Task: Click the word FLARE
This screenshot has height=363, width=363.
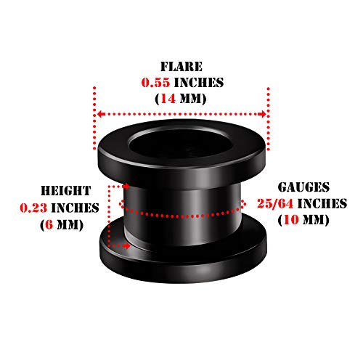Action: point(181,67)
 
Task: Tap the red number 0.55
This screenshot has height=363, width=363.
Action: point(155,83)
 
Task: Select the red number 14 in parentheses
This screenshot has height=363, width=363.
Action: point(168,99)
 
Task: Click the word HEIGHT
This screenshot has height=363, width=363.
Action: point(66,191)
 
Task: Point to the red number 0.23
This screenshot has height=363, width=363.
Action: point(33,208)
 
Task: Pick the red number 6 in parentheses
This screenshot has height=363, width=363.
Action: point(49,225)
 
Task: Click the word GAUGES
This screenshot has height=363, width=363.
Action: point(303,187)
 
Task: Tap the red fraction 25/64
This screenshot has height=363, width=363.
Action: point(275,203)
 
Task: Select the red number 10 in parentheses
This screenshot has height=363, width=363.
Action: point(292,220)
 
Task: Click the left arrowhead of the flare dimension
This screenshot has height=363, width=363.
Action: point(100,114)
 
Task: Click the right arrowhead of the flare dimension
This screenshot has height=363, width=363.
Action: point(262,114)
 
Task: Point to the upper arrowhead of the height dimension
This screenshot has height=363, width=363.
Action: point(126,187)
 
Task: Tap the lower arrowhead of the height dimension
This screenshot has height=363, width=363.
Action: point(126,246)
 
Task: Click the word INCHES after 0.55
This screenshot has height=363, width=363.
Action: point(199,83)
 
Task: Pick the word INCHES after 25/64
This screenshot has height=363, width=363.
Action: point(322,203)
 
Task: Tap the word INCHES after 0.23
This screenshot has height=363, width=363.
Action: point(75,208)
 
